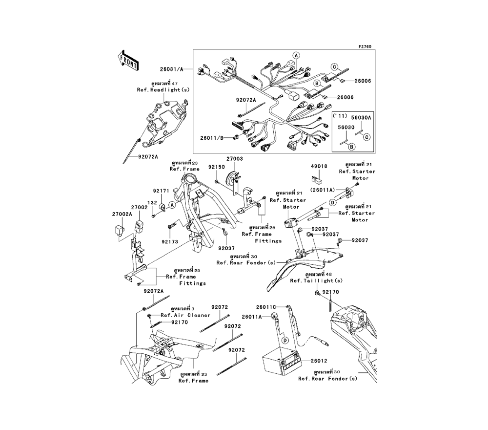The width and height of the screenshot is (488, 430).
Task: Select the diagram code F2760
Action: [x=365, y=46]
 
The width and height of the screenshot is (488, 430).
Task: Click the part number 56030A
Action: [x=361, y=118]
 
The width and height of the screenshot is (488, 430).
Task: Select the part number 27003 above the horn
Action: [x=234, y=159]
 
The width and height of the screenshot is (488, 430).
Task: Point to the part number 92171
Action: [x=161, y=191]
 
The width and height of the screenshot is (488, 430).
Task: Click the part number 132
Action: [x=152, y=202]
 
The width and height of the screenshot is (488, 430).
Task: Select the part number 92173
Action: [x=170, y=241]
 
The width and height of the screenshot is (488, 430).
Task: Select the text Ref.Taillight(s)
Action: [x=316, y=281]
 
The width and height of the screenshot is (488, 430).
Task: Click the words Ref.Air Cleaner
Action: [x=189, y=315]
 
